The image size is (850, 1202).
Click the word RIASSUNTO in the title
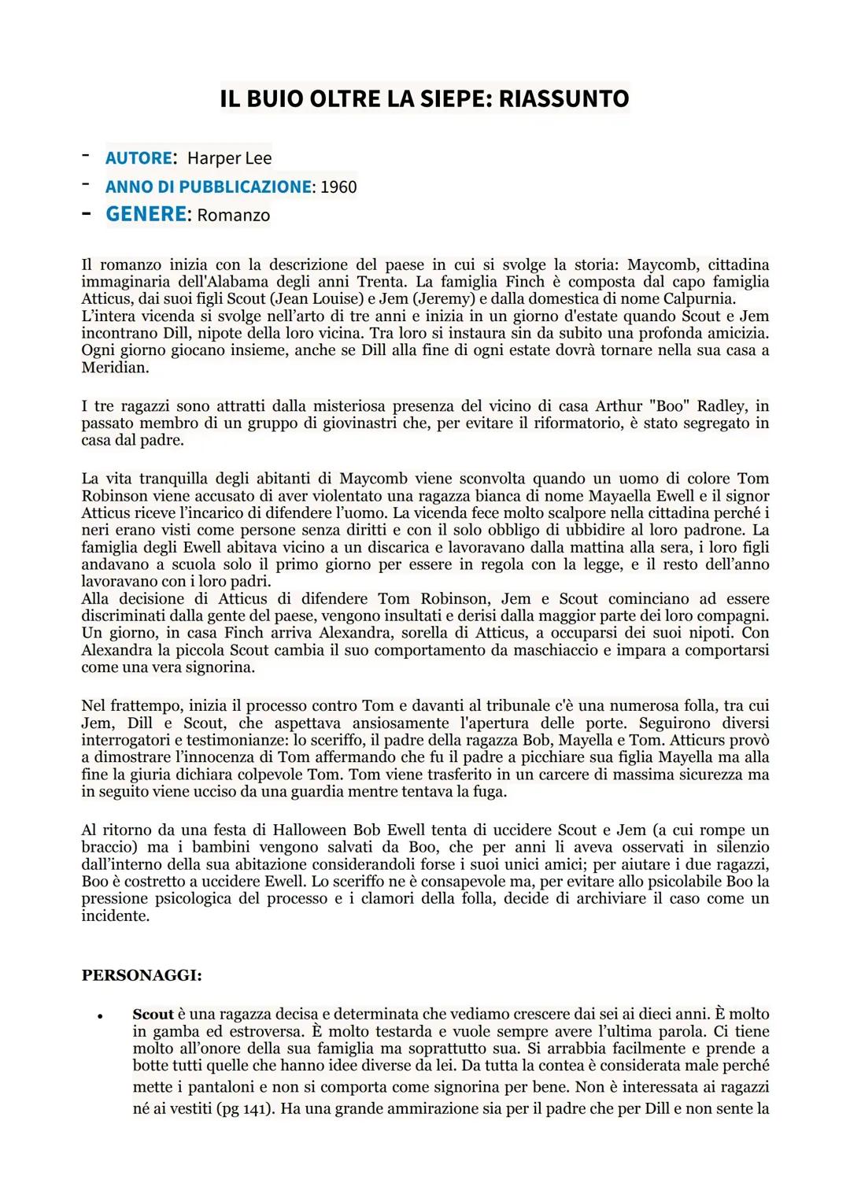564,99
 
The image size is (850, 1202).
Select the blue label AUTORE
139,158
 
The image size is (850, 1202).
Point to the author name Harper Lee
229,158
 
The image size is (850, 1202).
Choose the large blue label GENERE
146,214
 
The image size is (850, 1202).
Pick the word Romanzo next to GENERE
233,216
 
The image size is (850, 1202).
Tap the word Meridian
114,368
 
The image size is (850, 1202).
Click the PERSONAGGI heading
142,975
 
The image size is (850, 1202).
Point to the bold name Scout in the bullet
153,1015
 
